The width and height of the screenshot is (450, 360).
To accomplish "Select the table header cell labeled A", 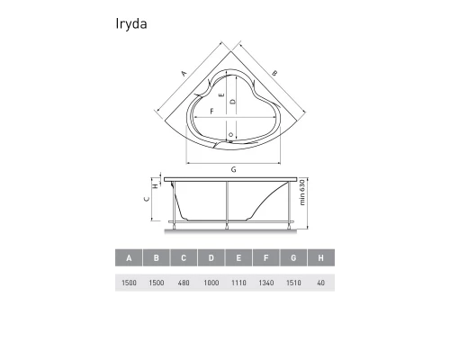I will [130, 259].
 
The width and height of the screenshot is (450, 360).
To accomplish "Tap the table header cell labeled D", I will [211, 259].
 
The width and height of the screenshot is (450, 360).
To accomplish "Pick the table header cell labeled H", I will [320, 259].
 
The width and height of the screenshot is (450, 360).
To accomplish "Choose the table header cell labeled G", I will [293, 259].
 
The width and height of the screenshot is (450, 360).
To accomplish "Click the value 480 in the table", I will [184, 283].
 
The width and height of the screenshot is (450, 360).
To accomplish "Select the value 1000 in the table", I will [211, 283].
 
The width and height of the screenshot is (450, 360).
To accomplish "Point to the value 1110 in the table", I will [238, 283].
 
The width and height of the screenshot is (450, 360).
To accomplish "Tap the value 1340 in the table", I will [265, 283].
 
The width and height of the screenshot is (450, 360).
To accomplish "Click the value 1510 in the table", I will [293, 283].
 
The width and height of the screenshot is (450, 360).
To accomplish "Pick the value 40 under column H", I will [320, 283].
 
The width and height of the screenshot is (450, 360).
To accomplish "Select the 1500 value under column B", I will [157, 283].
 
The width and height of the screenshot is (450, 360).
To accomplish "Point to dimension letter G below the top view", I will [233, 169].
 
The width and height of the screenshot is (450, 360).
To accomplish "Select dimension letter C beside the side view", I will [147, 202].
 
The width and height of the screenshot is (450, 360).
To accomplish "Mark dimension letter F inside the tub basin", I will [211, 112].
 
